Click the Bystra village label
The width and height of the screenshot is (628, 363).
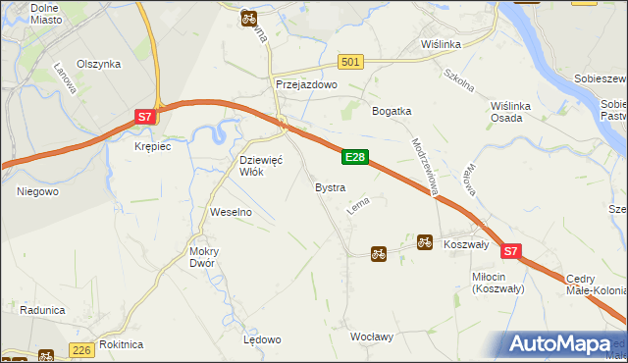pos(330,186)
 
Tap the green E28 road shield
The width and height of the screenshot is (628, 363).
pos(355,157)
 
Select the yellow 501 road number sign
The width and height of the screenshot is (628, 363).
pos(351,62)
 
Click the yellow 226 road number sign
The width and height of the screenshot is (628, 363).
pos(81,349)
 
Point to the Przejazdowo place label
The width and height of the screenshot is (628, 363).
pos(306,85)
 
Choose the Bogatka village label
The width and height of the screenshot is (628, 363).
pos(391,111)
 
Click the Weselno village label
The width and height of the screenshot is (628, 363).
pos(232,212)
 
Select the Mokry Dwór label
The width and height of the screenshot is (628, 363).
pos(204,257)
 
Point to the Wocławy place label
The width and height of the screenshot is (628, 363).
pos(372,337)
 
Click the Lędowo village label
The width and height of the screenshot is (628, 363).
pos(262,339)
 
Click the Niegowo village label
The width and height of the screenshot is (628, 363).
pos(37,191)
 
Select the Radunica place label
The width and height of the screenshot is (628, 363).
pos(41,310)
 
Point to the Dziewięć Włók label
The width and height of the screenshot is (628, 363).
pos(261,165)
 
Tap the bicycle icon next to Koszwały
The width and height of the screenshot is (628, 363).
pos(425,241)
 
